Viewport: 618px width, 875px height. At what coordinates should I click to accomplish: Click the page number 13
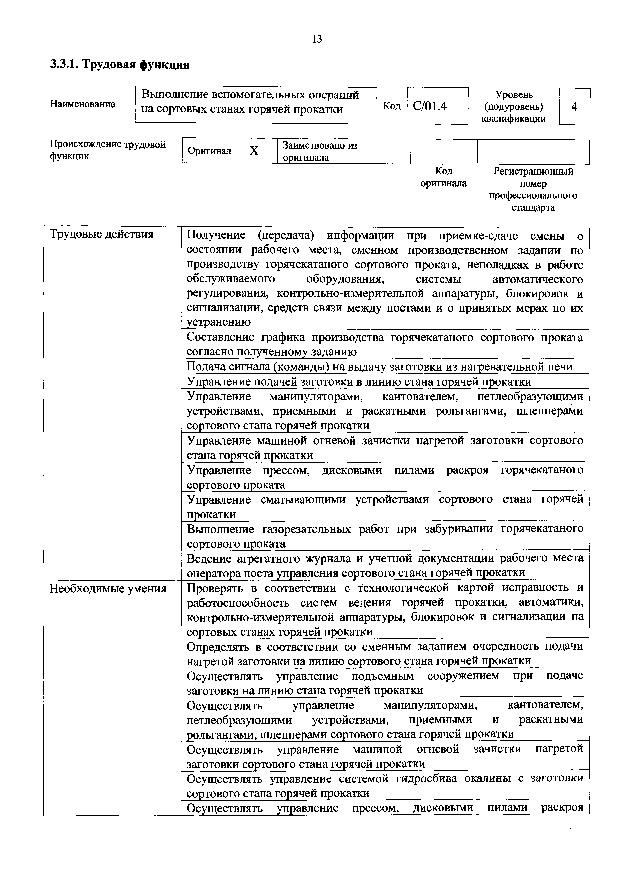point(317,39)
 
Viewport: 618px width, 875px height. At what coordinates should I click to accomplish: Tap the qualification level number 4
point(574,106)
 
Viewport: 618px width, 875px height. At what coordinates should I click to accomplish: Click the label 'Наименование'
point(82,104)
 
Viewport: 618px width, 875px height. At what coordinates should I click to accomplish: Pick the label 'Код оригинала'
point(443,177)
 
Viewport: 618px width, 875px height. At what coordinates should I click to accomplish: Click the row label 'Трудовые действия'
point(101,234)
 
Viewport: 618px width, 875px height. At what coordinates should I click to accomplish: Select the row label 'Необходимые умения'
point(108,589)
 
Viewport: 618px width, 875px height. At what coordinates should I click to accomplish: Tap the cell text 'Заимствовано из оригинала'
point(320,151)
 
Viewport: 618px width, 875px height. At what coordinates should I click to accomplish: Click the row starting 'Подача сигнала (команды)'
point(379,367)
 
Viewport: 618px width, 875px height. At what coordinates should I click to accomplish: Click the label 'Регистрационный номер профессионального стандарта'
point(533,190)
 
